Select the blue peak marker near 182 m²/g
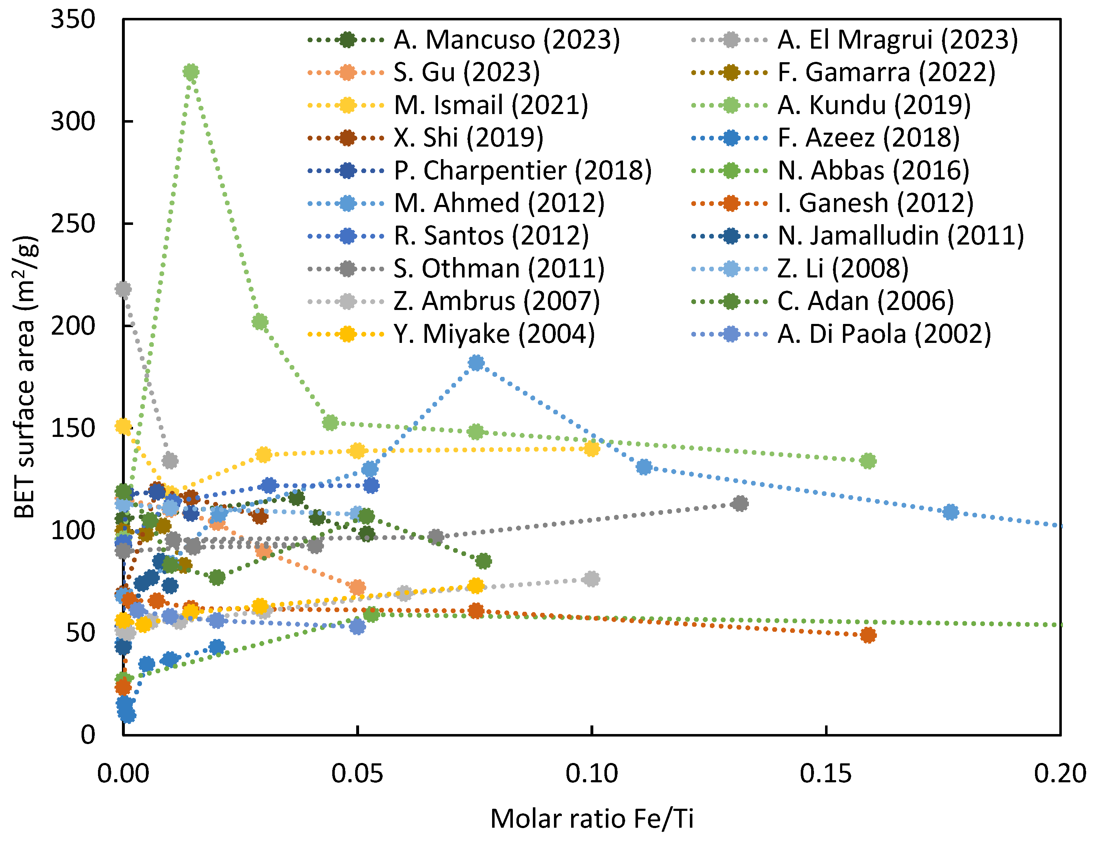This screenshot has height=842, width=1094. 476,363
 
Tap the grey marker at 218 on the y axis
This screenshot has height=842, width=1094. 123,289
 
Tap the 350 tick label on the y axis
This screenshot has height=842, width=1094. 73,20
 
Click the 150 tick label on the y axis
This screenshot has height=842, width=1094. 73,428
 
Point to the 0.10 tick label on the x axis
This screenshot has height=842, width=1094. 592,774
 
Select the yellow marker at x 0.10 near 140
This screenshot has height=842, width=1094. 592,448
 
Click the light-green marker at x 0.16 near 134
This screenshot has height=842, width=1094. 868,461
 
